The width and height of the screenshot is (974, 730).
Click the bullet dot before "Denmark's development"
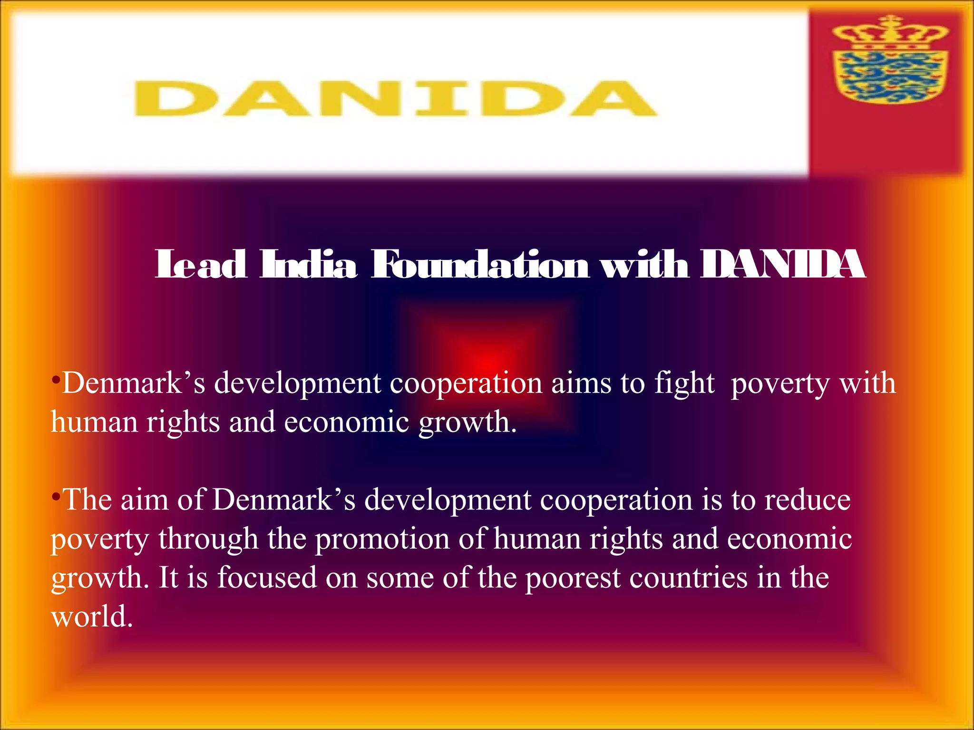click(56, 380)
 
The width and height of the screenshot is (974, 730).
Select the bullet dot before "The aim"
click(56, 497)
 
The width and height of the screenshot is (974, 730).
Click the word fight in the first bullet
click(684, 384)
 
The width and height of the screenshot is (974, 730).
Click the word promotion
click(382, 539)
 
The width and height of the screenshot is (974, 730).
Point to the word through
click(208, 540)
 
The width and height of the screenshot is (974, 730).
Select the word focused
click(267, 578)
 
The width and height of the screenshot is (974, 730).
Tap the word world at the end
click(91, 617)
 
